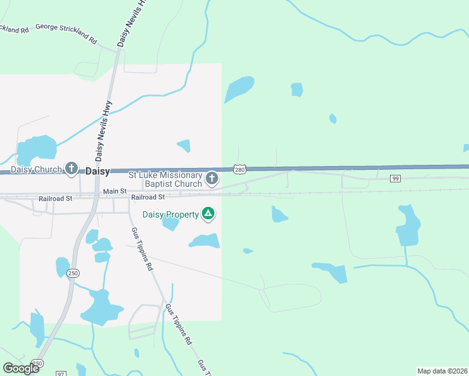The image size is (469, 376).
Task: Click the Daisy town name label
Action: pyautogui.click(x=97, y=170)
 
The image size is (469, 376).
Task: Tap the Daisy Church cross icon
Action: pyautogui.click(x=72, y=169)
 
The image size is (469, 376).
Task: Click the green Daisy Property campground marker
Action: pyautogui.click(x=208, y=214)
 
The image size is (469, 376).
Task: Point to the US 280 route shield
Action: pyautogui.click(x=239, y=169)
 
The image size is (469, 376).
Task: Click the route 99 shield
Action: pyautogui.click(x=395, y=179)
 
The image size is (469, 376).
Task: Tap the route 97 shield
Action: pyautogui.click(x=61, y=373)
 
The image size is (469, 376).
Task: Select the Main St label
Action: pyautogui.click(x=115, y=191)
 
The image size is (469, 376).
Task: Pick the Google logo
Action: pyautogui.click(x=21, y=368)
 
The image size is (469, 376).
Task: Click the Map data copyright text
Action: pyautogui.click(x=441, y=370)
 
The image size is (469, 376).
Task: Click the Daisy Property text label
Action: pyautogui.click(x=171, y=214)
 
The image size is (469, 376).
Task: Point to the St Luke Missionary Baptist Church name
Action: pyautogui.click(x=166, y=179)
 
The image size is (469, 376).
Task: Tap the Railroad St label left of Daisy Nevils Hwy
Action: pyautogui.click(x=55, y=197)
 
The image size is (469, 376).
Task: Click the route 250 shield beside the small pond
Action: pyautogui.click(x=73, y=273)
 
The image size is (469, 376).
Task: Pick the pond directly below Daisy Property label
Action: pyautogui.click(x=170, y=223)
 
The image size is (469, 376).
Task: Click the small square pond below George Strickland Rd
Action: pyautogui.click(x=297, y=90)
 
